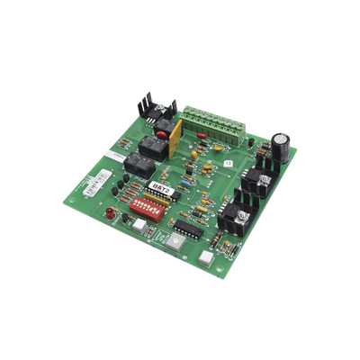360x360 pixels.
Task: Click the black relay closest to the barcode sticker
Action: (x=136, y=164)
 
